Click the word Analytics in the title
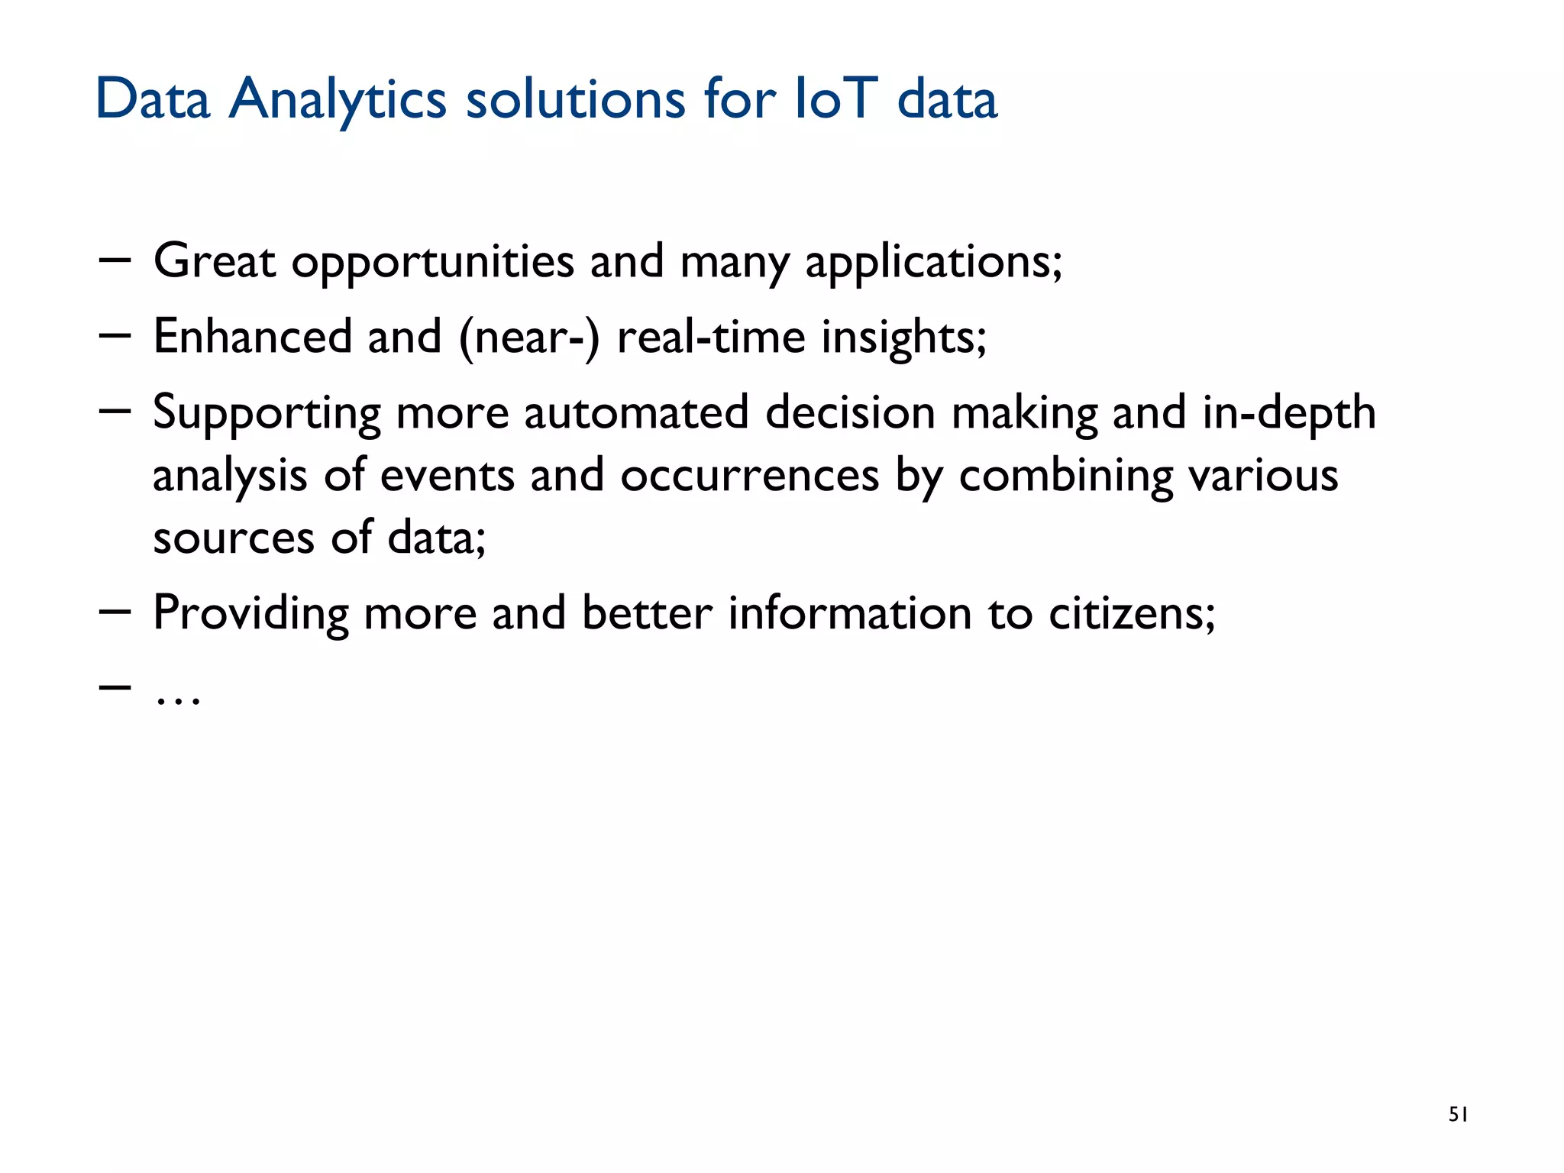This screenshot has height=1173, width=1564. (338, 100)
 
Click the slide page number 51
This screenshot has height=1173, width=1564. (1458, 1115)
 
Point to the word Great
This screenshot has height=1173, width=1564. (214, 261)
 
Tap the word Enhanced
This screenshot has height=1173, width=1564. (252, 336)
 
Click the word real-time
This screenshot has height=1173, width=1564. (711, 336)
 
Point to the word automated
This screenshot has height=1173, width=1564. (636, 412)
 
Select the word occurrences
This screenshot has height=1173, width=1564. (749, 475)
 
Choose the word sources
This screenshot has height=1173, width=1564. (234, 538)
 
